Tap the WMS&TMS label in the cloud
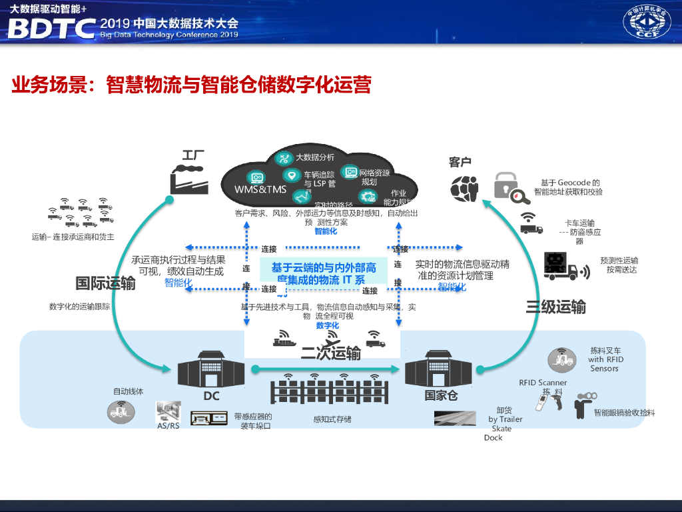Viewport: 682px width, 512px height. tap(260, 189)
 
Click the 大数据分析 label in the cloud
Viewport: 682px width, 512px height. tap(315, 158)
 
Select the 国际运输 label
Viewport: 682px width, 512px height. tap(105, 283)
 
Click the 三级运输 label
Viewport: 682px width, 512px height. tap(555, 307)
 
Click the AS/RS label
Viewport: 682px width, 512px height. tap(168, 426)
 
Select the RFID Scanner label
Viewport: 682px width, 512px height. tap(543, 383)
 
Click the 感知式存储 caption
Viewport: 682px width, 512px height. tap(332, 419)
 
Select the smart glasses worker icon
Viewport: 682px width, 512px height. tap(583, 405)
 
